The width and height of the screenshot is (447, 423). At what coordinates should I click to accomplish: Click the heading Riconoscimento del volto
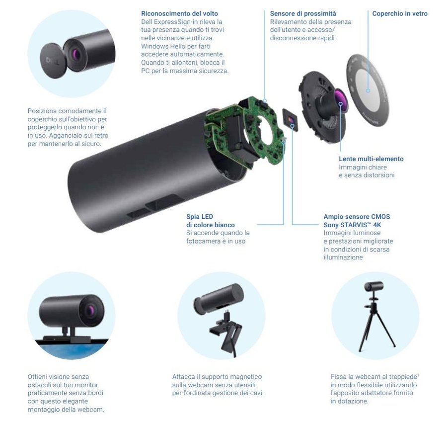179,13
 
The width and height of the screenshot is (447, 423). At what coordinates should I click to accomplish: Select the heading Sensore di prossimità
303,13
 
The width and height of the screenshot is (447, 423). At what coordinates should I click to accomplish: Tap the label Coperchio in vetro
400,13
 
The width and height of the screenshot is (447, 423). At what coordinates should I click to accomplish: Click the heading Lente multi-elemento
371,159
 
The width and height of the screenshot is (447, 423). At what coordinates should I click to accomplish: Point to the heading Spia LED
200,217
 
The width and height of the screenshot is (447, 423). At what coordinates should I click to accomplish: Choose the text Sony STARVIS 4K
352,225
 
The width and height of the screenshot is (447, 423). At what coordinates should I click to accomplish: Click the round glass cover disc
368,90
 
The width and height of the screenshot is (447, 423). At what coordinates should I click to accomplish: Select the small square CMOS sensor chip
290,119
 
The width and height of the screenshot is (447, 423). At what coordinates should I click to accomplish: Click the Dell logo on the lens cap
52,62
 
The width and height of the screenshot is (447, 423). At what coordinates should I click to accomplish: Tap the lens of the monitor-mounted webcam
91,310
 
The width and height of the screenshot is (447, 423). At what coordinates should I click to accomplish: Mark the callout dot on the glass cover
368,90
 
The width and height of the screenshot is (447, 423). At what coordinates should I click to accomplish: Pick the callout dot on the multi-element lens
340,104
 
